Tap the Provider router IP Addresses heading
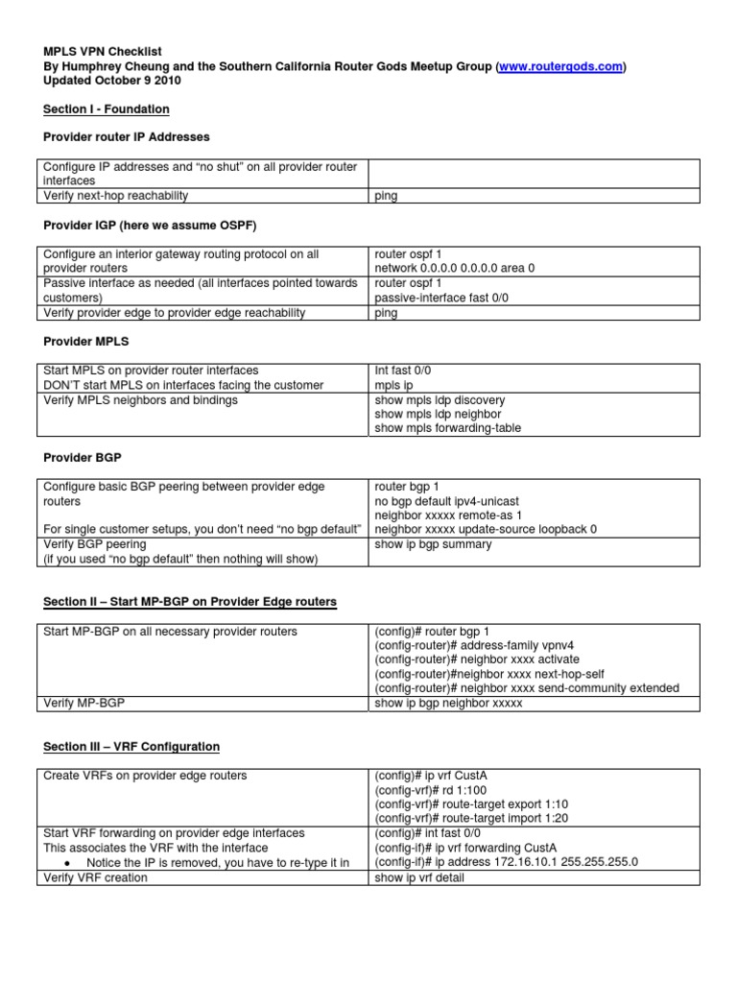(x=126, y=137)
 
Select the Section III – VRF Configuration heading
(x=131, y=746)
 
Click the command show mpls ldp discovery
(x=440, y=399)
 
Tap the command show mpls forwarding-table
(x=448, y=428)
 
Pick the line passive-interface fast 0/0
(x=441, y=298)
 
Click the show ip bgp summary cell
(x=433, y=544)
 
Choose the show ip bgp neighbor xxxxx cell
(x=448, y=704)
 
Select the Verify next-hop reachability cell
(x=116, y=196)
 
